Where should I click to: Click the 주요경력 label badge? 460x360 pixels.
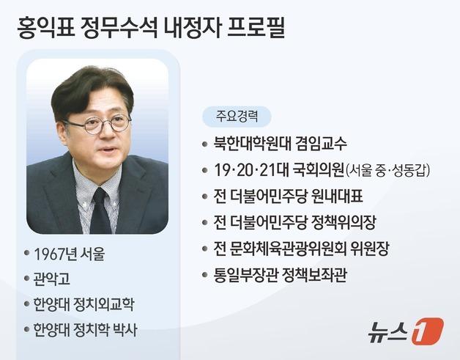pos(237,116)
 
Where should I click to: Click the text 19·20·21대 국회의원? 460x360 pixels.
pos(278,169)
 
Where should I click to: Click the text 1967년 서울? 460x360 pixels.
pos(69,254)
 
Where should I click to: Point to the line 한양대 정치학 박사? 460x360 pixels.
pos(85,330)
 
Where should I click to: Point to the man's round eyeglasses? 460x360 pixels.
pos(97,123)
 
